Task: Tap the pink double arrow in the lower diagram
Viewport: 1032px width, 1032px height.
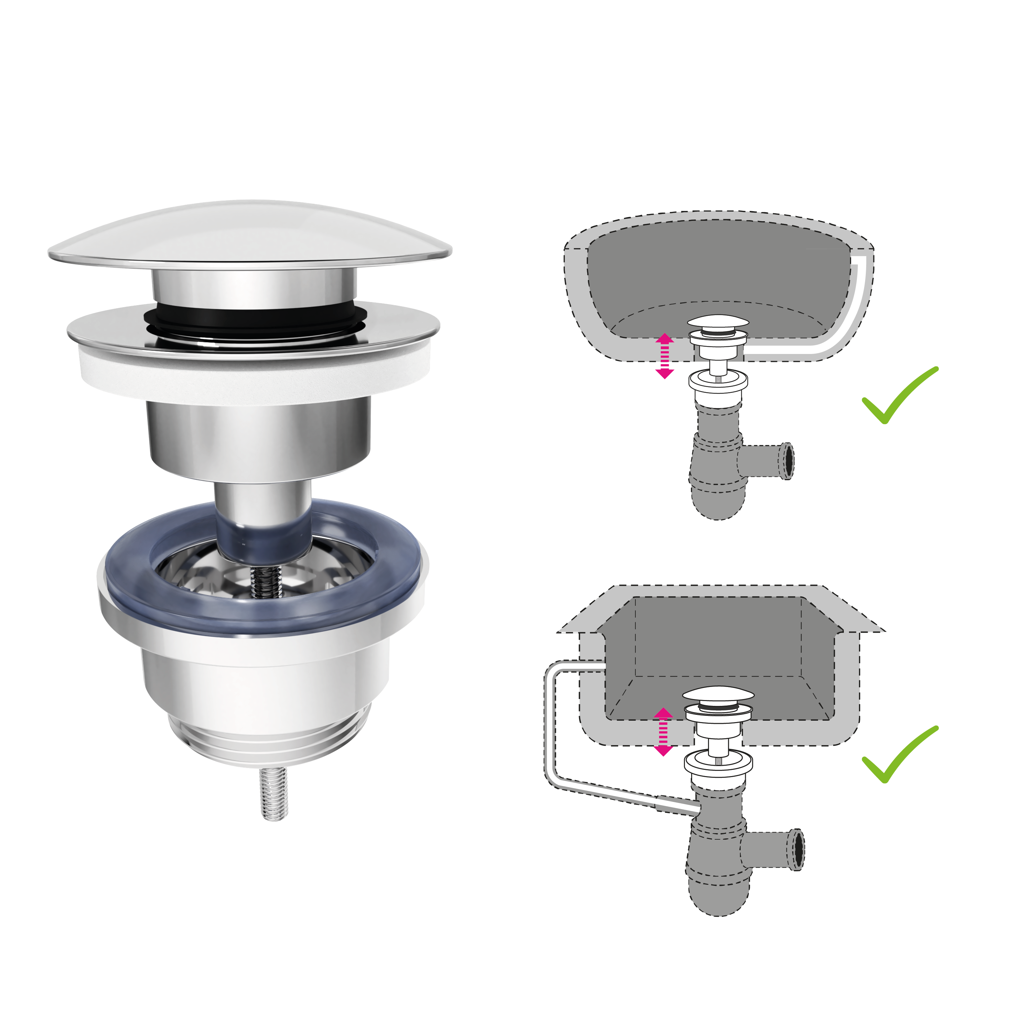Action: (x=663, y=732)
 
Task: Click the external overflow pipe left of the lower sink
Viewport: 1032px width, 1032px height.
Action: (x=550, y=737)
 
